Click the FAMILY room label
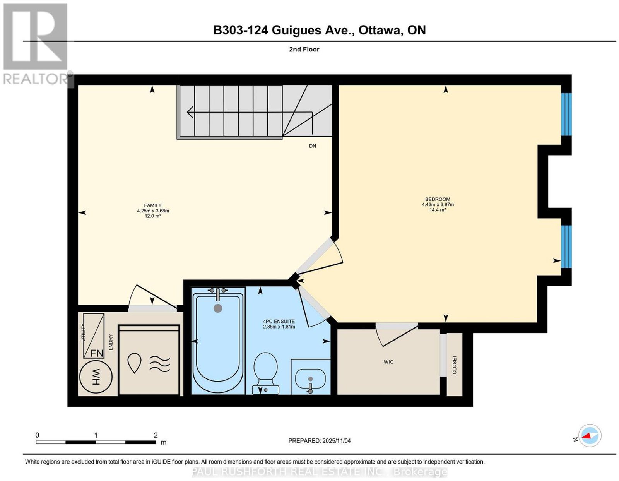click(153, 205)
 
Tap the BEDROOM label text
click(438, 199)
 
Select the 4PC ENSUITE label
click(279, 322)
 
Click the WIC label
click(388, 362)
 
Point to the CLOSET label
click(454, 365)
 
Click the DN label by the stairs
click(313, 146)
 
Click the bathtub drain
click(218, 308)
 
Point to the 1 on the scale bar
click(96, 435)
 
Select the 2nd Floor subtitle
click(304, 49)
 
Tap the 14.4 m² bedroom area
click(438, 210)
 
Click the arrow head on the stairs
click(190, 112)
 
